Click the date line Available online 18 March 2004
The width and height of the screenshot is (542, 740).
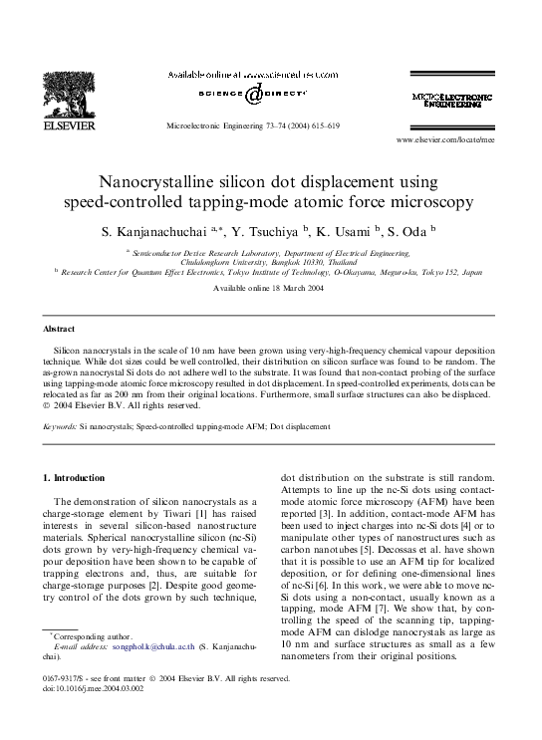tap(270, 288)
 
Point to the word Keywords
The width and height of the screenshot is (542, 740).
tap(60, 425)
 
